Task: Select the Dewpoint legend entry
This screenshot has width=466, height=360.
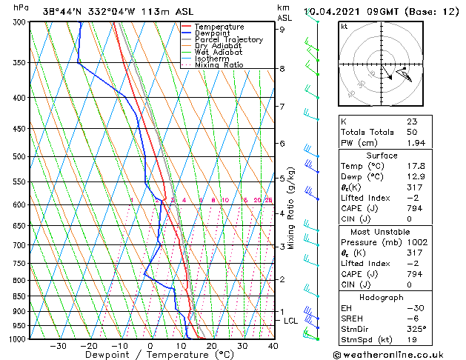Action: point(215,33)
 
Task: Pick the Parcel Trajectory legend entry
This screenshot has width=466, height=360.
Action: point(228,39)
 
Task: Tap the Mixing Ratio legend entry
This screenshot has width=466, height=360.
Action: point(219,65)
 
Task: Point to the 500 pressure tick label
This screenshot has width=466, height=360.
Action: point(19,157)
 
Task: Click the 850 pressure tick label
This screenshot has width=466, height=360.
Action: point(19,296)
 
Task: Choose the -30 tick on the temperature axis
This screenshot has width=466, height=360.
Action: point(58,346)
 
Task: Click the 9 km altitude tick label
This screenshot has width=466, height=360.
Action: point(282,30)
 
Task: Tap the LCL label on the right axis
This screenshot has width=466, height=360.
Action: point(290,321)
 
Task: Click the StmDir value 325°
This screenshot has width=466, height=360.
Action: point(416,329)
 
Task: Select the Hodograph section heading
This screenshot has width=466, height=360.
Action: point(382,297)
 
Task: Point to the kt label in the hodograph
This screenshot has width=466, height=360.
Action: point(344,26)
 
